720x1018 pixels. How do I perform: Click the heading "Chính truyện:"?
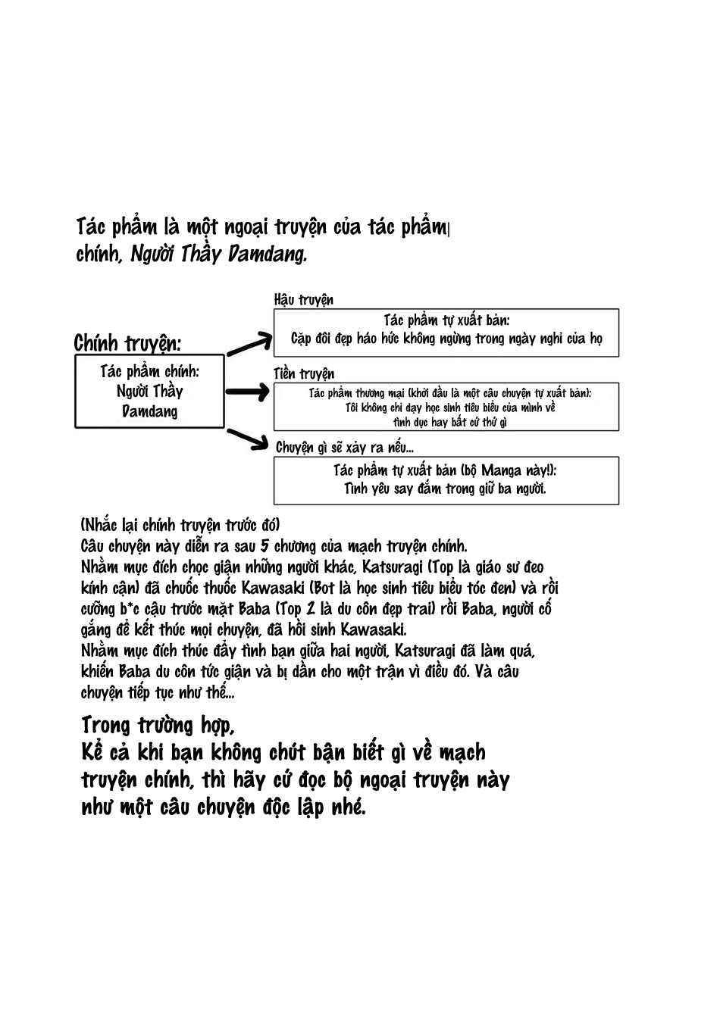(127, 343)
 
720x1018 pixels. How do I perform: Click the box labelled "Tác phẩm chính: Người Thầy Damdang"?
(149, 391)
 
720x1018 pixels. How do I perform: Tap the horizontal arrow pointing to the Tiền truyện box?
(247, 392)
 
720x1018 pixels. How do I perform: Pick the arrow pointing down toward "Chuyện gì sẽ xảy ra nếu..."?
(249, 441)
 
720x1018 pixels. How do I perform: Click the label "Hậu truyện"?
(303, 300)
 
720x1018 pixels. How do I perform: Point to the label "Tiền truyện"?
(303, 373)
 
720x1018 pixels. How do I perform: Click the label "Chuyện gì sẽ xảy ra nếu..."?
(344, 447)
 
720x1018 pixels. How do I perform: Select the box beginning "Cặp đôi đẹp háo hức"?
(446, 333)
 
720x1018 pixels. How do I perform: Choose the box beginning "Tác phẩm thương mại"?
(446, 407)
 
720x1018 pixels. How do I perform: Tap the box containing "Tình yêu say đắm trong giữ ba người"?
(446, 480)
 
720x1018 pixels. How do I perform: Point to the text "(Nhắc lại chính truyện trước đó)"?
(180, 525)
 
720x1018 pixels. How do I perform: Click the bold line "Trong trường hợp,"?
(158, 725)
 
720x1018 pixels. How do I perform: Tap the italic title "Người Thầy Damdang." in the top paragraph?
(219, 254)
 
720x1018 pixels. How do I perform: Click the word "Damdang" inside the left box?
(149, 411)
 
